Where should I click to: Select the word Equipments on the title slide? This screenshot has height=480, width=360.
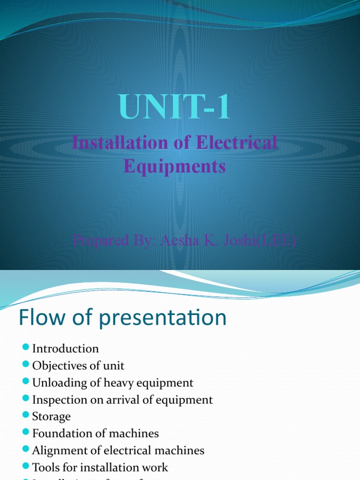175,166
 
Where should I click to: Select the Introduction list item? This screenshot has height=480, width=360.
65,349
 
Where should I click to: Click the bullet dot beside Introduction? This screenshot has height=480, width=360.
26,348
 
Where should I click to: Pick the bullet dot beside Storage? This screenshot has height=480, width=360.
26,416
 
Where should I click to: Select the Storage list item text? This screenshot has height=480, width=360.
51,417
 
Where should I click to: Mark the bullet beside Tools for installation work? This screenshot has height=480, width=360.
26,466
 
